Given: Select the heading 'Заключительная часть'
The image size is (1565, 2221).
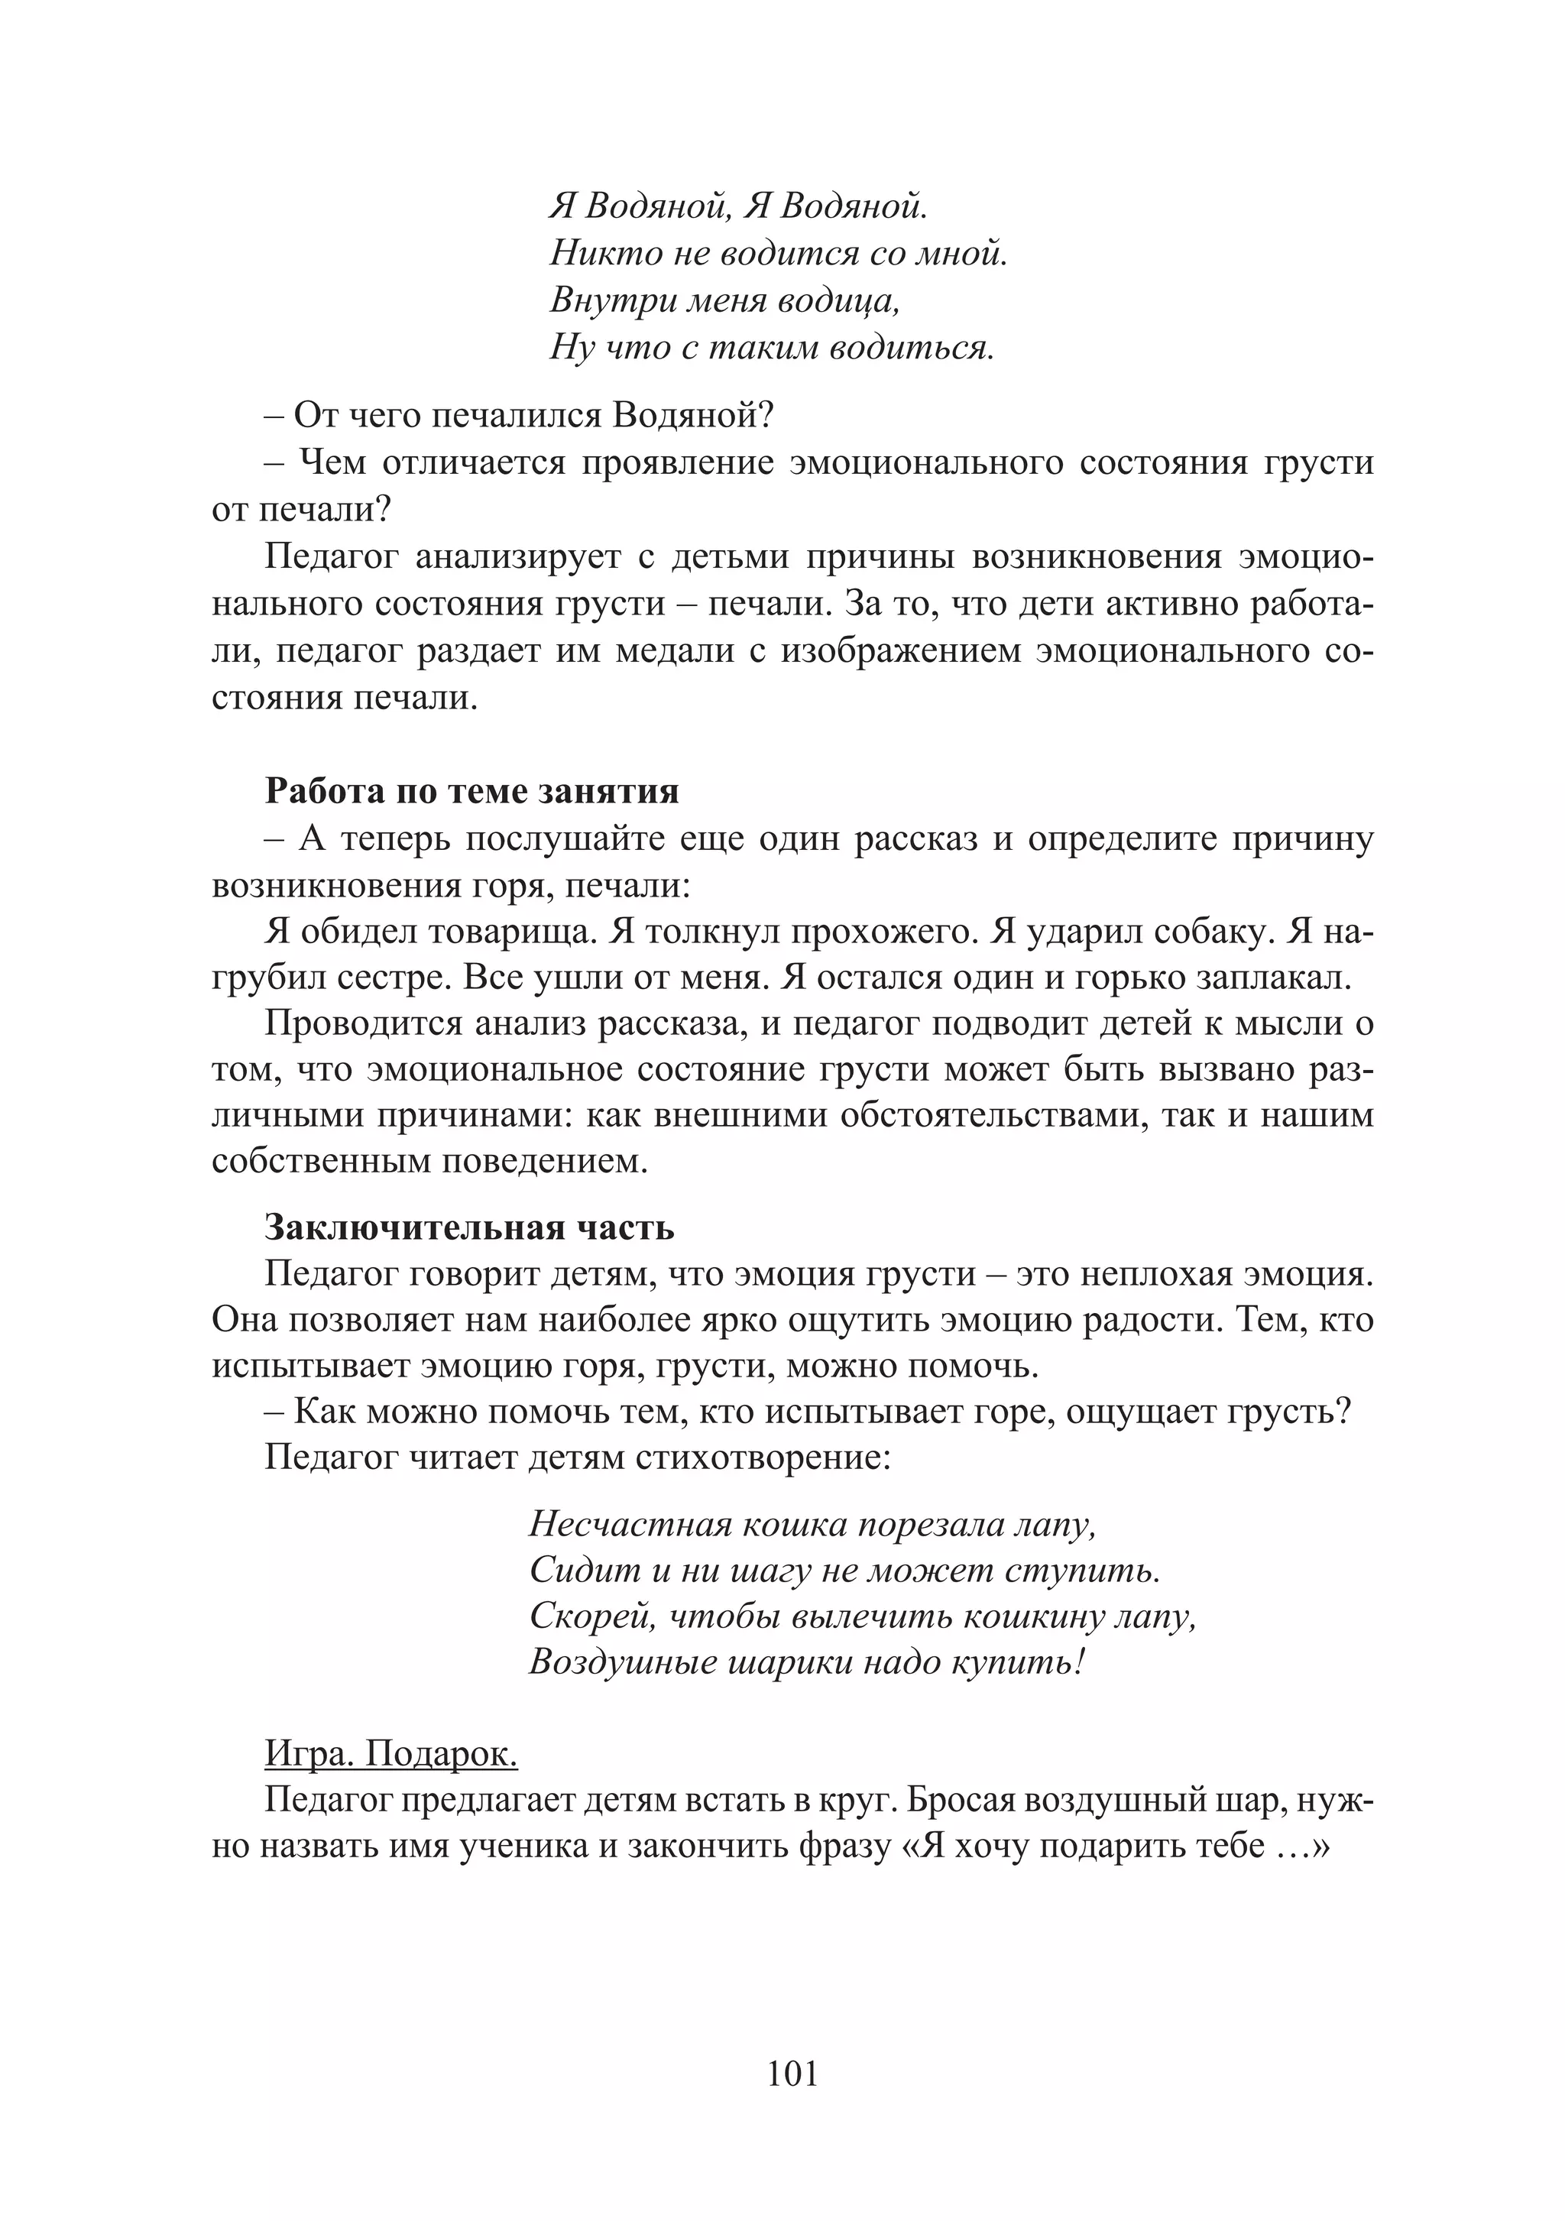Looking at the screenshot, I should pyautogui.click(x=469, y=1227).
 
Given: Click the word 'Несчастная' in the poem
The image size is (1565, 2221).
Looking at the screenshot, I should pyautogui.click(x=630, y=1525).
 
